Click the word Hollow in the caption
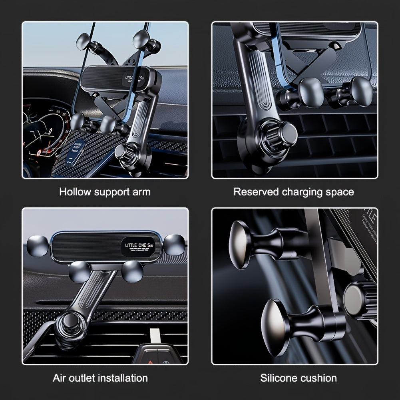75,192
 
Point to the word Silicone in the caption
278,378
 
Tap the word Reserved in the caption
256,192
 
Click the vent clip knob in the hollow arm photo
125,151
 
